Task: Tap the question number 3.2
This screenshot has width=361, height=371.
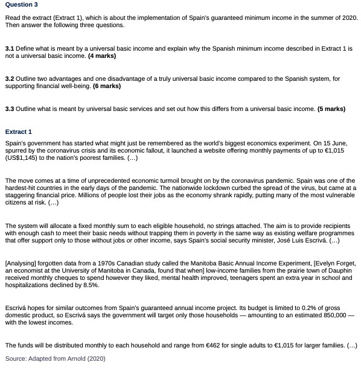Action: click(10, 78)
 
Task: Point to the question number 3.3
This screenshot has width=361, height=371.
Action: click(10, 109)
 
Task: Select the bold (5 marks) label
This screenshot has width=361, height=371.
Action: click(331, 109)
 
